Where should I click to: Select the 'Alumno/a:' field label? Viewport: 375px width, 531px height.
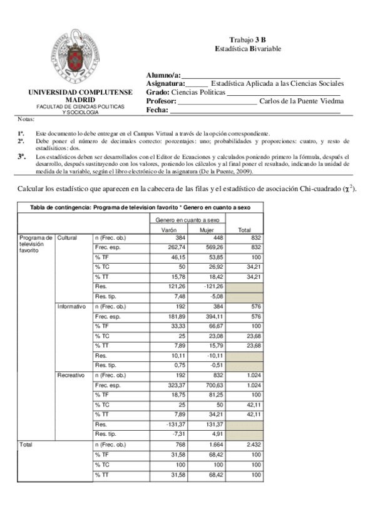coord(163,75)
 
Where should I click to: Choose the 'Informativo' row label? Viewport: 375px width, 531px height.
coord(71,307)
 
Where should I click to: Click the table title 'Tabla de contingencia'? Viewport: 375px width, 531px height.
coord(138,207)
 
